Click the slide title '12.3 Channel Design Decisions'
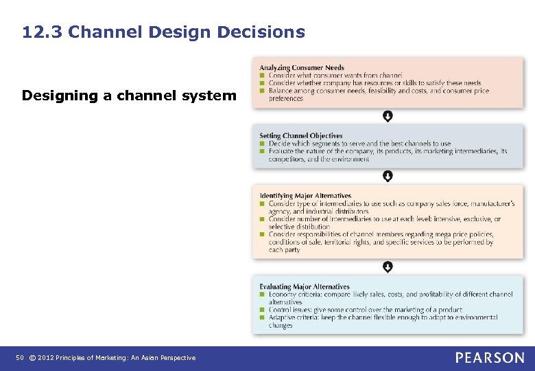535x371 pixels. [163, 32]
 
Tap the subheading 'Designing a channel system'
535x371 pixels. [128, 95]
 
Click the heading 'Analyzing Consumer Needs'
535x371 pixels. [302, 67]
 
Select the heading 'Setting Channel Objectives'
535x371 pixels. [301, 136]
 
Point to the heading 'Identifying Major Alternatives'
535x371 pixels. [305, 196]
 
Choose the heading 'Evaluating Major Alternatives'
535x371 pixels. [305, 286]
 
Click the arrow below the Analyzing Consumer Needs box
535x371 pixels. [388, 116]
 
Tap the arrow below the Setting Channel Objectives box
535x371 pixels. [388, 177]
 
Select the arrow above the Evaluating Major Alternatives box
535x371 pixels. [388, 267]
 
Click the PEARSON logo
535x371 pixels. [490, 357]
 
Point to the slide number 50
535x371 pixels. [20, 358]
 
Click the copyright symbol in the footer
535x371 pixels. [32, 358]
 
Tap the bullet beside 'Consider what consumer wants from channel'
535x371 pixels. [262, 75]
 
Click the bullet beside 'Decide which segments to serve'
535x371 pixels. [262, 144]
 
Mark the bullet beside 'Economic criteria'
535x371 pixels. [262, 294]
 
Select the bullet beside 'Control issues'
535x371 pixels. [262, 310]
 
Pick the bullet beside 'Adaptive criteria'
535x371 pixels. [262, 318]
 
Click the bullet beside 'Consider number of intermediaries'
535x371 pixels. [262, 219]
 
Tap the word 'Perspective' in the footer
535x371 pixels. [177, 358]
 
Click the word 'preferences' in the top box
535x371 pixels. [286, 98]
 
